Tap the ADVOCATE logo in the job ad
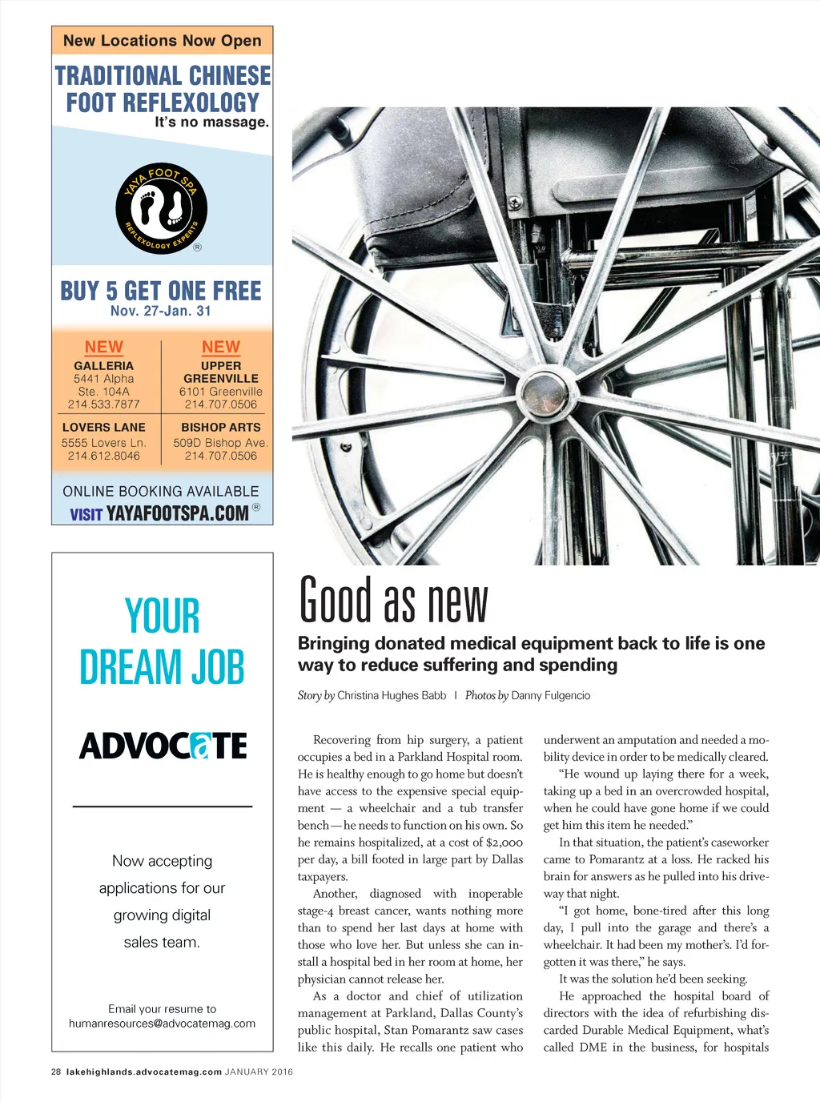point(163,746)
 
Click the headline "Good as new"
point(393,601)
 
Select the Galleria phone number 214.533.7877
point(103,404)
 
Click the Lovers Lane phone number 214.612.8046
point(103,456)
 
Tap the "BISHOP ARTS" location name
point(221,428)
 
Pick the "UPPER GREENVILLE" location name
point(221,372)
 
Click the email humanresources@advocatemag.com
point(162,1024)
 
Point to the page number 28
point(56,1072)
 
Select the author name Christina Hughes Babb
point(392,695)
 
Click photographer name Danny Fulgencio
point(550,695)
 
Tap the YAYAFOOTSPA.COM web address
point(178,513)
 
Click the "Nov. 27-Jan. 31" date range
point(161,311)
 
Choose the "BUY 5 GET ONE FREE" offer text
point(161,290)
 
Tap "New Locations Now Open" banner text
point(162,40)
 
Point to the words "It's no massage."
point(211,123)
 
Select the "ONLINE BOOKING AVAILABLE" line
point(161,491)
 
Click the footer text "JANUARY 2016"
point(259,1072)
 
